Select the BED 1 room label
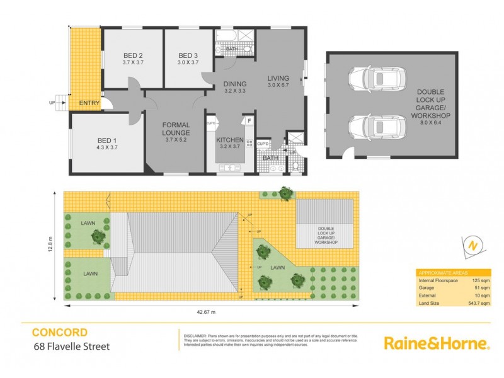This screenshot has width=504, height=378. click(104, 142)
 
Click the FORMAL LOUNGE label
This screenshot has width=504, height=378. click(176, 129)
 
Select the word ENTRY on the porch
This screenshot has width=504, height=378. click(89, 103)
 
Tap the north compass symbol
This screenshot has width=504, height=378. click(471, 246)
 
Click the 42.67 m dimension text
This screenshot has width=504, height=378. click(205, 312)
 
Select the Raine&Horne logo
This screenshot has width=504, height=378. click(437, 343)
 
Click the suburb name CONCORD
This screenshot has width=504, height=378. click(60, 332)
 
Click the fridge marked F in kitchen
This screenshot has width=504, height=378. click(249, 120)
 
